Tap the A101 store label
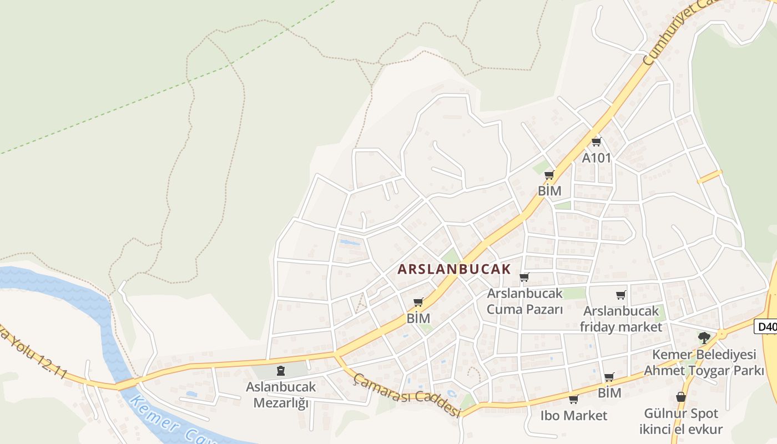point(596,158)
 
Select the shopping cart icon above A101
point(597,142)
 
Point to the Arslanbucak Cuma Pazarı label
point(524,301)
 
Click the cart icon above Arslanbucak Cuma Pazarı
point(524,277)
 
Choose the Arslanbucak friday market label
point(621,319)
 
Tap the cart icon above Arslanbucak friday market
point(621,295)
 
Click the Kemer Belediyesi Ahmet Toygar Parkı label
point(704,362)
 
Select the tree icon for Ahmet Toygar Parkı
point(704,337)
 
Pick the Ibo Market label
point(574,415)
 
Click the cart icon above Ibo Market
point(574,400)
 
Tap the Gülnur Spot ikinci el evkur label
point(681,421)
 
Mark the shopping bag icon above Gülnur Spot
point(681,397)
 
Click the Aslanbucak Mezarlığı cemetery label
point(281,395)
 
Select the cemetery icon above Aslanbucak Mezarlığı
point(281,371)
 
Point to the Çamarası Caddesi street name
point(408,395)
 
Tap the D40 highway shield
point(766,327)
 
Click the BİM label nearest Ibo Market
point(609,393)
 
